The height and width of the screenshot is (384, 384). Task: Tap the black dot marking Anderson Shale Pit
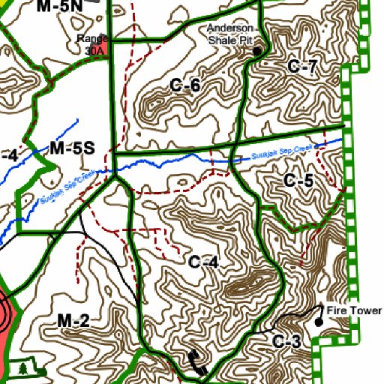click(x=257, y=51)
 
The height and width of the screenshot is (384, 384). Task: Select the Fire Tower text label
click(x=352, y=310)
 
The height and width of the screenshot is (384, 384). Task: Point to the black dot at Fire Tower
click(x=319, y=322)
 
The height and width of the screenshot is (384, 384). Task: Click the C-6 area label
click(x=184, y=85)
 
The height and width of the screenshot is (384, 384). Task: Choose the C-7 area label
click(x=302, y=67)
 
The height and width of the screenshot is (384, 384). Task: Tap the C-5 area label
click(x=298, y=180)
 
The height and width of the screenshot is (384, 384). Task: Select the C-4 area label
click(x=202, y=262)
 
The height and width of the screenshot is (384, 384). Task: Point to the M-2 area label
click(x=73, y=322)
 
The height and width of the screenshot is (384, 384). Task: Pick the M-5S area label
click(x=72, y=148)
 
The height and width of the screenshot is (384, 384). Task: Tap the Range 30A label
click(x=94, y=44)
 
